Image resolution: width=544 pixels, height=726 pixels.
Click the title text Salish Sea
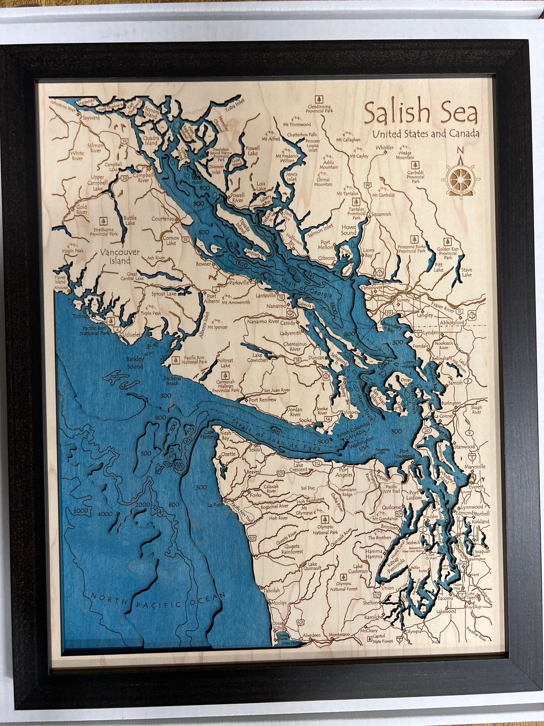421,112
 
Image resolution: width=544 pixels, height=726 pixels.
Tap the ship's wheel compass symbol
460,177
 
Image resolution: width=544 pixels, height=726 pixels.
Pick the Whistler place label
385,148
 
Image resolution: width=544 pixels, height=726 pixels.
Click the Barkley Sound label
134,362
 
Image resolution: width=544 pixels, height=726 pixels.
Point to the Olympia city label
413,631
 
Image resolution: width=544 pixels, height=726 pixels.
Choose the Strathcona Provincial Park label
104,231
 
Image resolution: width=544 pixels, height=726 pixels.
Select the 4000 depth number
106,514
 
